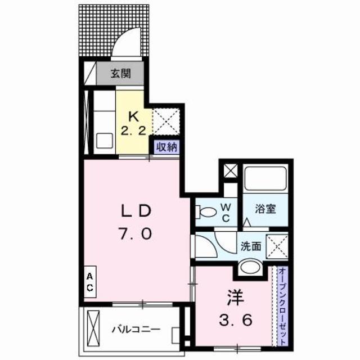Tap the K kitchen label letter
(x=134, y=117)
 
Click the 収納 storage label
(x=167, y=148)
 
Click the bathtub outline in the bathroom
(x=265, y=180)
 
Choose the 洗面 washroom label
(x=250, y=246)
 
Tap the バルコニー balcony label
(x=136, y=330)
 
